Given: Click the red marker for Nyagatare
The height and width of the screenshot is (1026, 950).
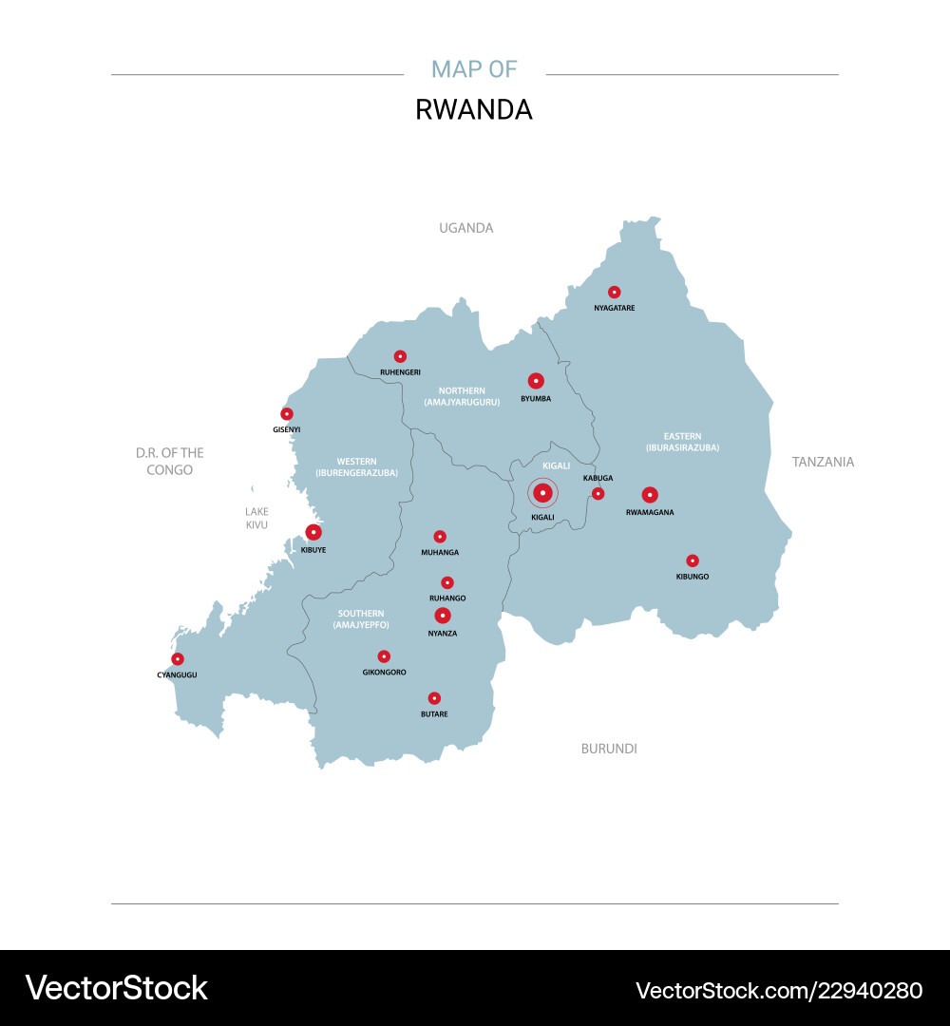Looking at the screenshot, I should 614,292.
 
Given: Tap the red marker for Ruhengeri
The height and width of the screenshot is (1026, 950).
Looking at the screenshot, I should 400,356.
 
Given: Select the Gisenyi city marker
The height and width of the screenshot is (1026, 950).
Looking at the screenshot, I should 287,414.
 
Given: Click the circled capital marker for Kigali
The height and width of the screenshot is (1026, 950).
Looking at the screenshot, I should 542,493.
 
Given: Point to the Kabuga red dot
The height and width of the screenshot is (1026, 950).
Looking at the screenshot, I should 598,493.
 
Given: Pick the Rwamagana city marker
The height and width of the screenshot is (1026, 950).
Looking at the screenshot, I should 650,494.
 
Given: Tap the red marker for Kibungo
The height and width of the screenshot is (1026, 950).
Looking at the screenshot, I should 693,560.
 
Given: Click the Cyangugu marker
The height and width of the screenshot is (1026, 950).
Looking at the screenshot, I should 178,659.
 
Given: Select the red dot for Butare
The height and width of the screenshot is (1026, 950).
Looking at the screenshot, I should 434,698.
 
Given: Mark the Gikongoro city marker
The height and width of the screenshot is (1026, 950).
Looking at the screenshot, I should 384,656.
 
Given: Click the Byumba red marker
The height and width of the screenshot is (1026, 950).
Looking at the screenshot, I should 536,381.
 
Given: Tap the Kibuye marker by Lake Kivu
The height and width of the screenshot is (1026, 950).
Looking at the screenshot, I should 313,532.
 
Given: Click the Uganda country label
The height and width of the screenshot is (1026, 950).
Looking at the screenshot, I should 465,228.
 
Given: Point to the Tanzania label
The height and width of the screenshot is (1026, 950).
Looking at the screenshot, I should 823,462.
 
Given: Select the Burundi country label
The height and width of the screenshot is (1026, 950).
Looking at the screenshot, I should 609,749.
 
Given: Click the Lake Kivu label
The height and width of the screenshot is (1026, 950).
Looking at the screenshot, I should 256,518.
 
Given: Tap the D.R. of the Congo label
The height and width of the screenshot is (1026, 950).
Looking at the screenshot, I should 170,462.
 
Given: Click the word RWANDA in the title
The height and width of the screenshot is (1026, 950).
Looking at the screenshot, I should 474,110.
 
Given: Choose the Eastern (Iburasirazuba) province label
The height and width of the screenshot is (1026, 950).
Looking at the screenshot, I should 682,442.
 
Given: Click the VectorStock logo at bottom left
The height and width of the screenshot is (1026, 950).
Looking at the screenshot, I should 117,988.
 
